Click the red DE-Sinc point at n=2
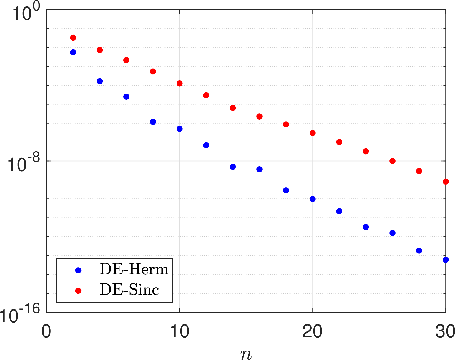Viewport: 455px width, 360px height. click(x=73, y=38)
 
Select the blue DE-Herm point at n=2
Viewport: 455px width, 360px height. click(x=73, y=52)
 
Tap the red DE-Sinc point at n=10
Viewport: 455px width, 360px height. click(x=180, y=83)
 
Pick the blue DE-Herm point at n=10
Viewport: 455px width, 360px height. click(x=180, y=129)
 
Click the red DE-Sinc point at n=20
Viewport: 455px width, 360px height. click(x=313, y=133)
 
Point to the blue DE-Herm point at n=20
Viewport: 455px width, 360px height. click(x=313, y=199)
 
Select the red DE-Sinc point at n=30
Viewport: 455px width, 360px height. click(x=446, y=182)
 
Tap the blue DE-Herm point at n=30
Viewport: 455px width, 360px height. click(x=446, y=260)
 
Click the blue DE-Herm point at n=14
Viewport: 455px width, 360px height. click(x=233, y=167)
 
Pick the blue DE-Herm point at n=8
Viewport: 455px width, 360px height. click(x=153, y=122)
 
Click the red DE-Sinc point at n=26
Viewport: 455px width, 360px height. click(x=392, y=161)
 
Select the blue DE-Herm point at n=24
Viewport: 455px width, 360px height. click(x=366, y=227)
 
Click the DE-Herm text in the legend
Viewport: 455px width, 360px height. click(x=134, y=269)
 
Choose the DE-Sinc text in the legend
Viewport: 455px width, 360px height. click(x=129, y=289)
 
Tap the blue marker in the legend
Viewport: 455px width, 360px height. click(x=78, y=270)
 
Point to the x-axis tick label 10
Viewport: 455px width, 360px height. click(x=180, y=331)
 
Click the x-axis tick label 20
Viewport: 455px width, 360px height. click(x=313, y=331)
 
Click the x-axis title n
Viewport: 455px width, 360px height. click(x=246, y=354)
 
